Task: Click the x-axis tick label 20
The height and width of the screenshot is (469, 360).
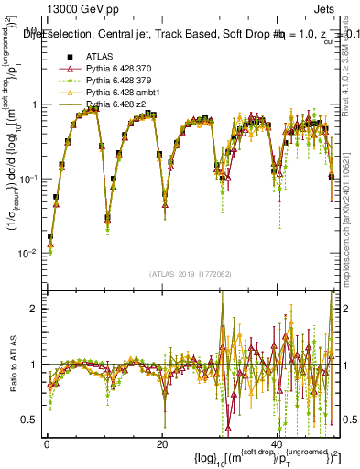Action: (x=161, y=443)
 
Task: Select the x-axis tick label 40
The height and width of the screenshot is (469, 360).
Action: (x=277, y=443)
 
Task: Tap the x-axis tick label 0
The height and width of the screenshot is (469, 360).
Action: (x=47, y=443)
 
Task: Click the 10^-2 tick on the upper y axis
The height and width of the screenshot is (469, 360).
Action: (x=29, y=253)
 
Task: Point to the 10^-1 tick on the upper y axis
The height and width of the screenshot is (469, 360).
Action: (x=29, y=178)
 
